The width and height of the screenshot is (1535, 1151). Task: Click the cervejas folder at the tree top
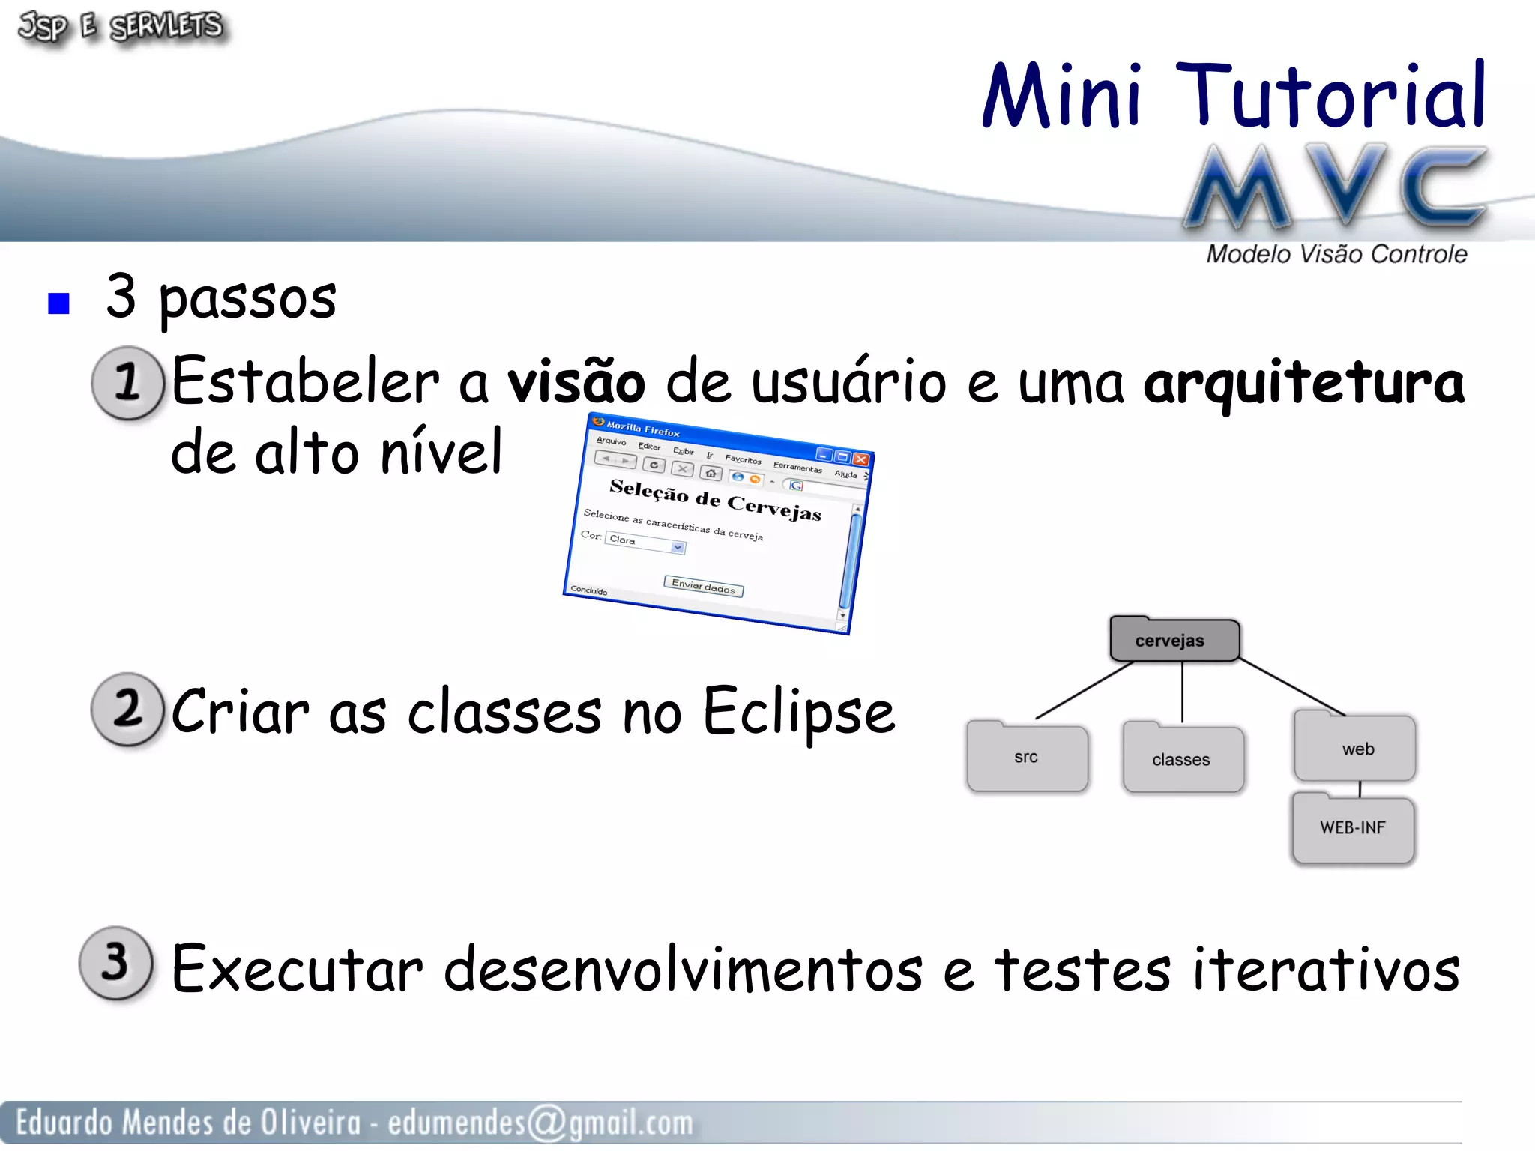[1174, 640]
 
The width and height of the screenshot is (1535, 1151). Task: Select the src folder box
[1027, 757]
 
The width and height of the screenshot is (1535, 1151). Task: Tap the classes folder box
[1182, 759]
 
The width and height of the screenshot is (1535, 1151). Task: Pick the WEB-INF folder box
[1353, 828]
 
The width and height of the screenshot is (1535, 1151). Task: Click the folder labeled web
[1356, 748]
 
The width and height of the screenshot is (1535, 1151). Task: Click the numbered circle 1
[127, 382]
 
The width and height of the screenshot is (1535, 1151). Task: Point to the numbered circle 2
[127, 709]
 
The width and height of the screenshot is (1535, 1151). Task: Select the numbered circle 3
[116, 963]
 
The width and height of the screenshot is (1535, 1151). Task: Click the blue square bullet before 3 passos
[58, 303]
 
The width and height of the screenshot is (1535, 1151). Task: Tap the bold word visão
[576, 381]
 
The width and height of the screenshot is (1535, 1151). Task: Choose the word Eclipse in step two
[797, 712]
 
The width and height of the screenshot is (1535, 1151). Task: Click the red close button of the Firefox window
[861, 459]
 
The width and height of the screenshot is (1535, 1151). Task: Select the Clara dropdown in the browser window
[645, 543]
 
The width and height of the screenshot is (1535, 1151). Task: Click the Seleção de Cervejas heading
[715, 499]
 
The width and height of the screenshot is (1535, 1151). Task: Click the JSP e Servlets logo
[120, 28]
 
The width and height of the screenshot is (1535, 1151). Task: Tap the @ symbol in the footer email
[547, 1123]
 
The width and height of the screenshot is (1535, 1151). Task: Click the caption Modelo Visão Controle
[1336, 255]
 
